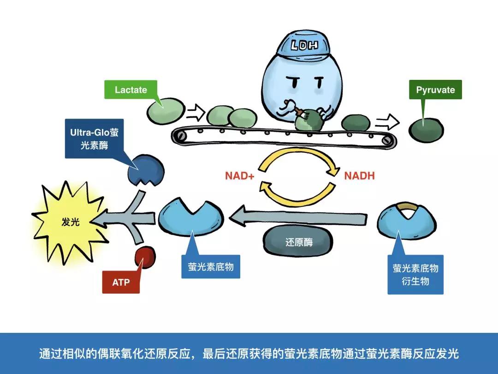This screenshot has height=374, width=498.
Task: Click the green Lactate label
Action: tap(130, 90)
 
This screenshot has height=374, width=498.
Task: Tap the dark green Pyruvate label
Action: tap(435, 90)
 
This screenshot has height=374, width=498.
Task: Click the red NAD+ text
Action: tap(239, 176)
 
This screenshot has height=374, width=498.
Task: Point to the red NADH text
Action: tap(359, 176)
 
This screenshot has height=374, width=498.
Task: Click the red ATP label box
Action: tap(121, 282)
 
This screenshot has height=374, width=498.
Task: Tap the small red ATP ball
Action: tap(145, 257)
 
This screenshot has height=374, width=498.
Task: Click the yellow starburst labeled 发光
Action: tap(69, 222)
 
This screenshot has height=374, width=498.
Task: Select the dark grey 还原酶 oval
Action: tap(298, 241)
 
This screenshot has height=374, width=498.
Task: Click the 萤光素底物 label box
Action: tap(211, 266)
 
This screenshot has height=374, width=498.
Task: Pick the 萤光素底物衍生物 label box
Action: tap(415, 274)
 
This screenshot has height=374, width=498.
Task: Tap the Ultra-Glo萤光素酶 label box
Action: tap(95, 139)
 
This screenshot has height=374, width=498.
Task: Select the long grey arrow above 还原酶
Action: tap(300, 216)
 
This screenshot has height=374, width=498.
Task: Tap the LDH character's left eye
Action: tap(291, 83)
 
